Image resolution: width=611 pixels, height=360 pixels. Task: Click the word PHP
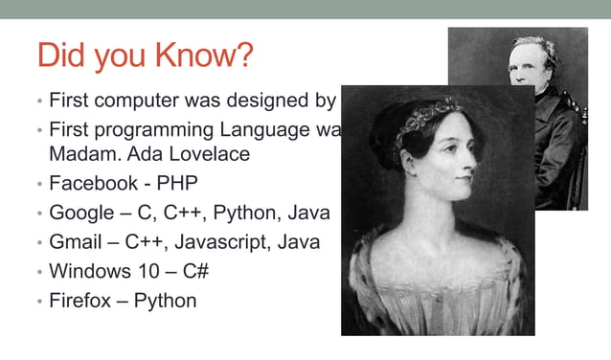177,183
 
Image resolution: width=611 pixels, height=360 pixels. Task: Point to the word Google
81,213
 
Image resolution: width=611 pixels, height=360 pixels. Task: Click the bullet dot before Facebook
39,184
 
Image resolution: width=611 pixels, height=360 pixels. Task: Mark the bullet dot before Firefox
39,302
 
